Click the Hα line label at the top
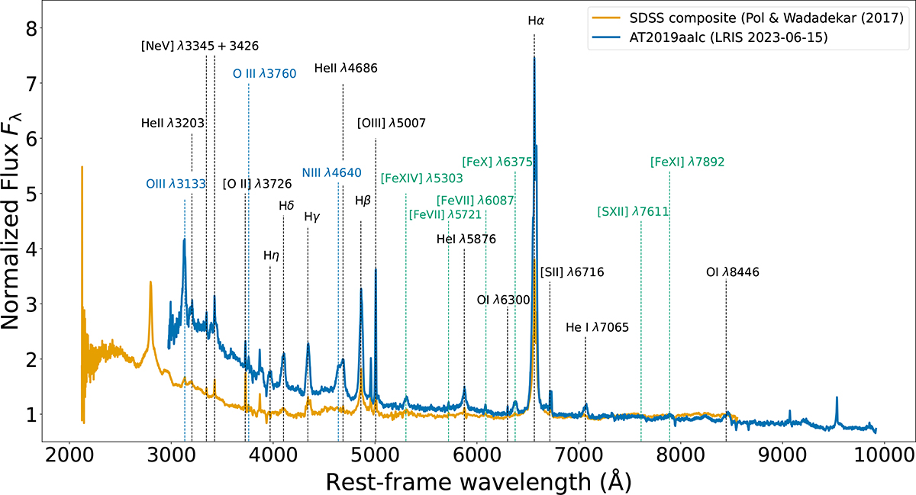coord(535,21)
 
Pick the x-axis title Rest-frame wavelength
coord(478,482)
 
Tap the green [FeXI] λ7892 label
coord(687,162)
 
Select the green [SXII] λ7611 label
coord(634,211)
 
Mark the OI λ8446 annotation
coord(733,272)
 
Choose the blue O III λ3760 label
coord(265,74)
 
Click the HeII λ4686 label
coord(346,69)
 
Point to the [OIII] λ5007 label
coord(391,123)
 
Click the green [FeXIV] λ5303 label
coord(421,178)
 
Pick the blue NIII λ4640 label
coord(331,173)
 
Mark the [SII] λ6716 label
coord(572,272)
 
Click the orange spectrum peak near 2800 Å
coord(150,283)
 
